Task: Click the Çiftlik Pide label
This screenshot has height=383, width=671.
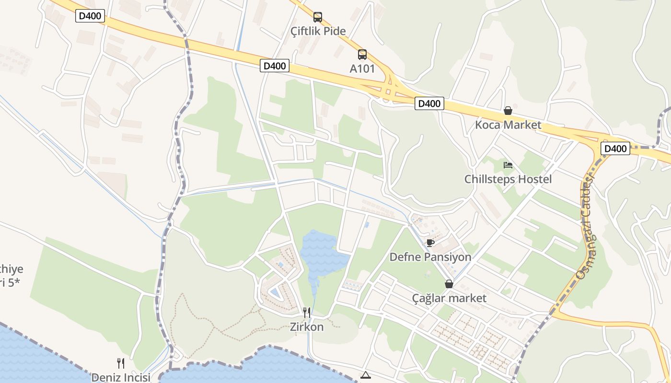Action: [318, 32]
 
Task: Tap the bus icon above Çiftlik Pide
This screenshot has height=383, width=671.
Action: [318, 17]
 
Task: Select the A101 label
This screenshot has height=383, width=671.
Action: [362, 68]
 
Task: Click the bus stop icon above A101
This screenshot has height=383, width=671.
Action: [362, 55]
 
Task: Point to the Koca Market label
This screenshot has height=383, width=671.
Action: [508, 125]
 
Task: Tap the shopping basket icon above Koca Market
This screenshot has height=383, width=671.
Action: [508, 111]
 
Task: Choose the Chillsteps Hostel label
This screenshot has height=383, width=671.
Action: [508, 180]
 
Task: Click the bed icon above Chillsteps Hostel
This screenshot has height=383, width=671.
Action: [508, 166]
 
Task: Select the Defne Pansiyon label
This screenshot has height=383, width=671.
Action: [430, 257]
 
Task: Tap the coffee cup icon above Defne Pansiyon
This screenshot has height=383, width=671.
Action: [430, 243]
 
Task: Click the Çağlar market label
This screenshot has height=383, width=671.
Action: [449, 298]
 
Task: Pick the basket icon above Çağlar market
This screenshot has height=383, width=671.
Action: [449, 284]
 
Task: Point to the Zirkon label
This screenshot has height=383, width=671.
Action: [307, 327]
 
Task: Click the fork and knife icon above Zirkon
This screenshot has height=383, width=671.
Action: [307, 313]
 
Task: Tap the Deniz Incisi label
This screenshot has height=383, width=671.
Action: [121, 377]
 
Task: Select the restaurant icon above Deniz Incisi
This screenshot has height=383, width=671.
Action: [121, 363]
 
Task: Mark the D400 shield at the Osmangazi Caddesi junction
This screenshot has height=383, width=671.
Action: [615, 149]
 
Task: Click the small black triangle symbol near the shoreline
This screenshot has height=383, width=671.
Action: [366, 375]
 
